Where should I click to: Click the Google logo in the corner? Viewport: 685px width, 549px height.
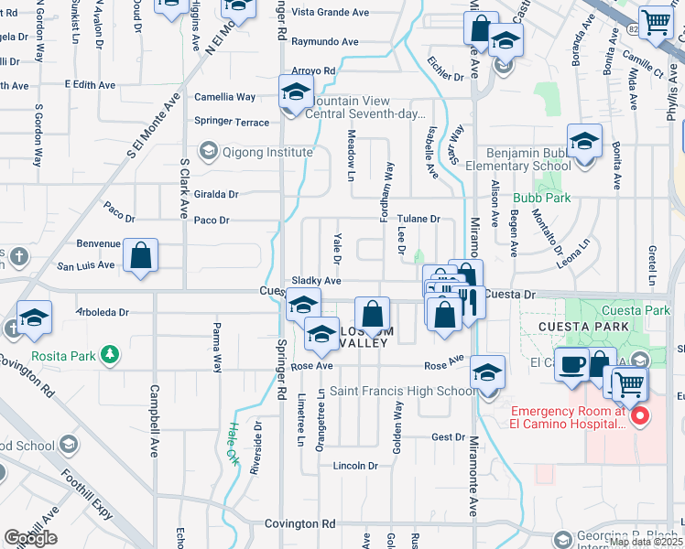pos(30,538)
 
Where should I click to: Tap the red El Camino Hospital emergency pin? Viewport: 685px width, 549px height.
pos(639,416)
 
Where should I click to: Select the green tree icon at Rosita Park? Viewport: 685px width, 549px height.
pos(109,353)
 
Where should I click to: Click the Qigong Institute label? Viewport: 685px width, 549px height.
pos(256,152)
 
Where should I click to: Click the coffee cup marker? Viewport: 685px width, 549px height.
pos(572,364)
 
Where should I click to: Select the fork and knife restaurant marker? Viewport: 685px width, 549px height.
pos(468,302)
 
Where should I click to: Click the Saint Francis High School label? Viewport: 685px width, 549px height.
pos(402,392)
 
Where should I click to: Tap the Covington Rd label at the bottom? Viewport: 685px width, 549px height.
pos(300,524)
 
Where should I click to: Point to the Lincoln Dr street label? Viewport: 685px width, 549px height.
pos(355,466)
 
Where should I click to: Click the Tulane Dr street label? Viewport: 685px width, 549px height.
pos(420,219)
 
